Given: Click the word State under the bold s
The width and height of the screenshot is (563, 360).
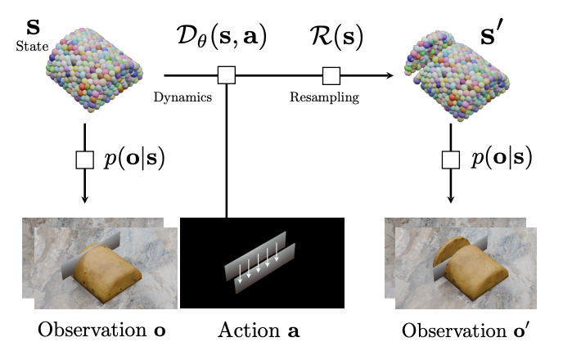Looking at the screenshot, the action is (x=32, y=47).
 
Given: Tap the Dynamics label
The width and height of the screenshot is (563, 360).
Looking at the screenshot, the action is (x=182, y=97).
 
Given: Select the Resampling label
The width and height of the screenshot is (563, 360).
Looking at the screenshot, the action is (x=324, y=97).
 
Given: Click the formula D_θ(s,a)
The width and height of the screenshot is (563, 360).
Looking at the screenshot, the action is (x=222, y=37).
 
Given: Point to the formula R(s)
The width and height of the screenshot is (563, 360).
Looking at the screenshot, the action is (x=336, y=37).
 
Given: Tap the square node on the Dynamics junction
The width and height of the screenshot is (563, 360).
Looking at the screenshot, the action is (x=227, y=75).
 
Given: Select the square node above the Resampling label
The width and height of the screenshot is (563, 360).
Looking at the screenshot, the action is (x=331, y=76).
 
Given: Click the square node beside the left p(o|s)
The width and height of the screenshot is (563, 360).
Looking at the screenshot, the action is (x=85, y=160).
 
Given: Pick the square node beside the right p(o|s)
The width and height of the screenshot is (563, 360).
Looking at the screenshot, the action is (x=451, y=160).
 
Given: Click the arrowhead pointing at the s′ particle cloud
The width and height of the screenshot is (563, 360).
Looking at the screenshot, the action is (x=390, y=75).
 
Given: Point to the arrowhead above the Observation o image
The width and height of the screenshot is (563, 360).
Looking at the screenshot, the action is (x=85, y=199).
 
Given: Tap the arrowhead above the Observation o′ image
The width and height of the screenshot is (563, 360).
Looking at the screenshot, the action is (x=451, y=199).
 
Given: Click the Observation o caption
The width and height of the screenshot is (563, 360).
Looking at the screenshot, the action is (x=101, y=330).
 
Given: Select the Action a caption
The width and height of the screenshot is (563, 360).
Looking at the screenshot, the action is (x=259, y=330).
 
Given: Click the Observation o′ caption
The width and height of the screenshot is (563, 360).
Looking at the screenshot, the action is (x=465, y=330).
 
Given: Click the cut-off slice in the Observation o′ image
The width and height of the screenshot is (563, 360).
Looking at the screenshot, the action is (x=451, y=252).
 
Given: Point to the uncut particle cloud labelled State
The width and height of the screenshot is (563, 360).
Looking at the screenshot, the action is (x=94, y=70).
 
